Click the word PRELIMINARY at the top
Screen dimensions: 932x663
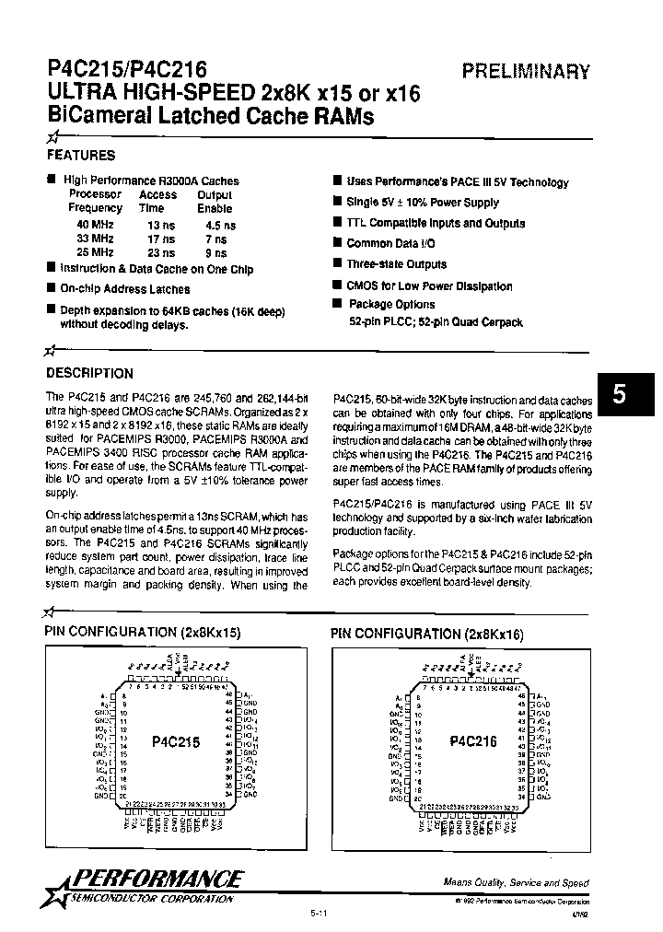[x=525, y=71]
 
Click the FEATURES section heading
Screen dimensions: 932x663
[x=80, y=156]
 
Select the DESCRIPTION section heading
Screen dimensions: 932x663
[x=89, y=373]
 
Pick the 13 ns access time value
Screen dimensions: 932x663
[x=159, y=225]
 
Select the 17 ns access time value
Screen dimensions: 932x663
[x=159, y=239]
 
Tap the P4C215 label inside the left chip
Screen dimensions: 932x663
[x=176, y=741]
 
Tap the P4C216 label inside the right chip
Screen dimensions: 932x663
[x=473, y=741]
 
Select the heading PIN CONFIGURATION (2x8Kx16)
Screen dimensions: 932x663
[x=426, y=634]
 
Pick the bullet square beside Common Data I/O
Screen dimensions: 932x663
[x=338, y=243]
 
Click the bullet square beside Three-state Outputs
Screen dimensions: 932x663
[x=338, y=263]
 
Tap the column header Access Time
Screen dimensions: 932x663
[x=158, y=202]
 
